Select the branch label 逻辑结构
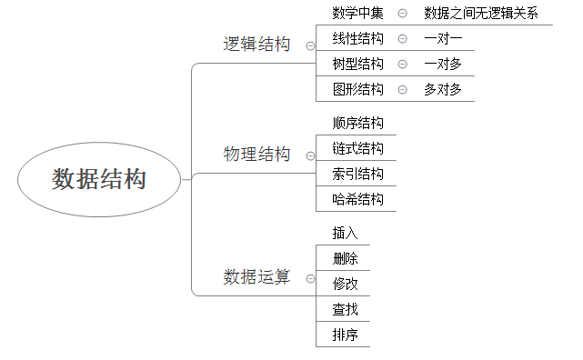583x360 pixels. click(x=256, y=44)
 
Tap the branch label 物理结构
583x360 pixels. click(x=256, y=155)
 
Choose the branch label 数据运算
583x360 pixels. click(x=256, y=277)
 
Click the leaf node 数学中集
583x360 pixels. click(x=357, y=13)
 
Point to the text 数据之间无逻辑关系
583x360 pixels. click(x=481, y=13)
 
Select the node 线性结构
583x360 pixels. click(x=357, y=38)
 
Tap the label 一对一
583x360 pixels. click(x=443, y=38)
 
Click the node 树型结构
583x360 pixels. click(x=357, y=64)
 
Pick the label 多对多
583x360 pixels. click(x=443, y=89)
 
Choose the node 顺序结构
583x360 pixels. click(x=357, y=123)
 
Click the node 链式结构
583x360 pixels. click(x=357, y=148)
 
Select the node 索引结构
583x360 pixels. click(x=357, y=174)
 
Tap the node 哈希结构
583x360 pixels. click(x=357, y=199)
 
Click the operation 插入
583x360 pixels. click(x=346, y=234)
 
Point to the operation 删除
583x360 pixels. click(x=346, y=259)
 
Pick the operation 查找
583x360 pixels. click(x=346, y=310)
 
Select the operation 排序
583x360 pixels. click(x=346, y=335)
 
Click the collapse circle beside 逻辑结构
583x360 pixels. click(x=311, y=45)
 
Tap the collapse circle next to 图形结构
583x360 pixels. click(x=402, y=89)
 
